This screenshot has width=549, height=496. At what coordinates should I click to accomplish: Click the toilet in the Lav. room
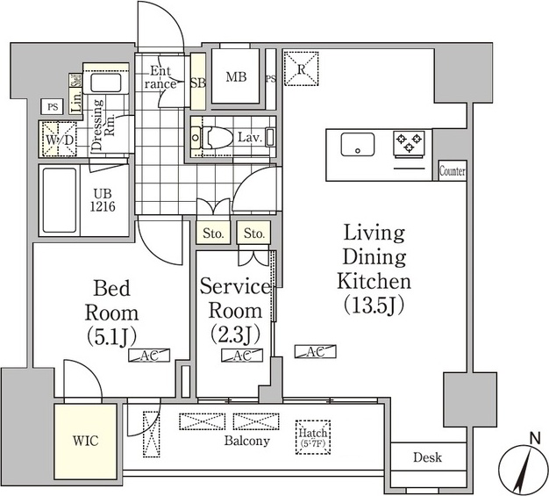pos(217,137)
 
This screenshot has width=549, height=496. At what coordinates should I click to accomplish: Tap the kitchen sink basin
pos(358,144)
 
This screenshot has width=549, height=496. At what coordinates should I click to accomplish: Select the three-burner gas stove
pos(409,142)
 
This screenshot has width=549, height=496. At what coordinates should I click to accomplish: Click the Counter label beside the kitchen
pos(453,171)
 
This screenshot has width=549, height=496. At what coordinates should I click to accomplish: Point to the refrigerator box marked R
pos(301,68)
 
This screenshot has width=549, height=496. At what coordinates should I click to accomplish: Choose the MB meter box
pos(236,76)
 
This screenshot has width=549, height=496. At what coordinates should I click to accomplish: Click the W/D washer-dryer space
pos(59,140)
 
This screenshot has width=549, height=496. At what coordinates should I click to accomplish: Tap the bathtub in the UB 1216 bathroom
pos(60,200)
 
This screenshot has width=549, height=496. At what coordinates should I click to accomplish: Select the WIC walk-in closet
pos(85,442)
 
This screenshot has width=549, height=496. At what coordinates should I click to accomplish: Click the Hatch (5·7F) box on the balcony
pos(313,437)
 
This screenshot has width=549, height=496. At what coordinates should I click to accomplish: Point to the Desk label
pos(427,457)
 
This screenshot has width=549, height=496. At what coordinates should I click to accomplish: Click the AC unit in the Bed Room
pos(149,356)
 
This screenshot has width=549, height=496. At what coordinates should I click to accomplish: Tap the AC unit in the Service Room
pos(242,356)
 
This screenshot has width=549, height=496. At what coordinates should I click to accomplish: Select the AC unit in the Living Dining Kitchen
pos(316,352)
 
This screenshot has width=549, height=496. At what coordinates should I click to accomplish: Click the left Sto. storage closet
pos(213,233)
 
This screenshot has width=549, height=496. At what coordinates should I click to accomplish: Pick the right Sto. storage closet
pos(253,233)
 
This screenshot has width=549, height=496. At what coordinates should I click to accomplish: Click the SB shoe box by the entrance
pos(198,82)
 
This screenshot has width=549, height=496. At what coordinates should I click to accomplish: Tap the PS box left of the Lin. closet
pos(53,106)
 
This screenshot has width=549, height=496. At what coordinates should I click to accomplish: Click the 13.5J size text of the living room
pos(374,306)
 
